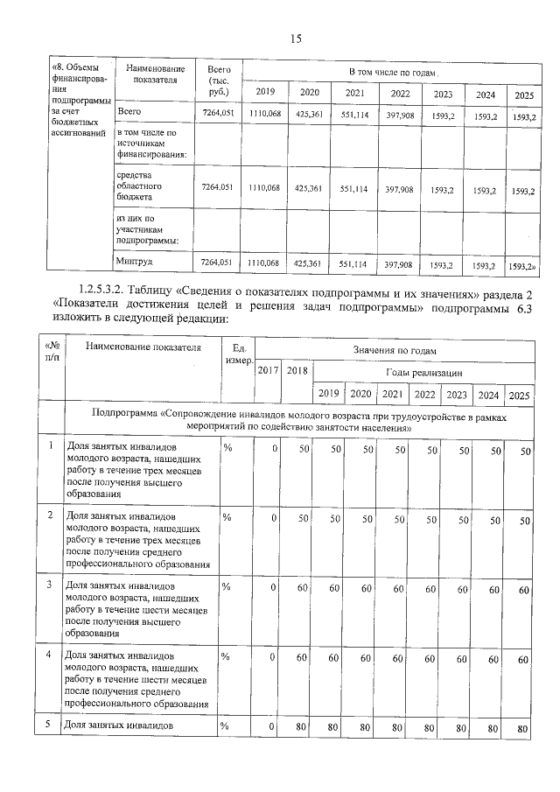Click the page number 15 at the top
pyautogui.click(x=295, y=38)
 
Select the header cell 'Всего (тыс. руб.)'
pyautogui.click(x=218, y=80)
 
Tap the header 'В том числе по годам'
pyautogui.click(x=392, y=70)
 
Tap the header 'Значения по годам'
pyautogui.click(x=393, y=350)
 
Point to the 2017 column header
pyautogui.click(x=268, y=371)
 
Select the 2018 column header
pyautogui.click(x=297, y=371)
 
